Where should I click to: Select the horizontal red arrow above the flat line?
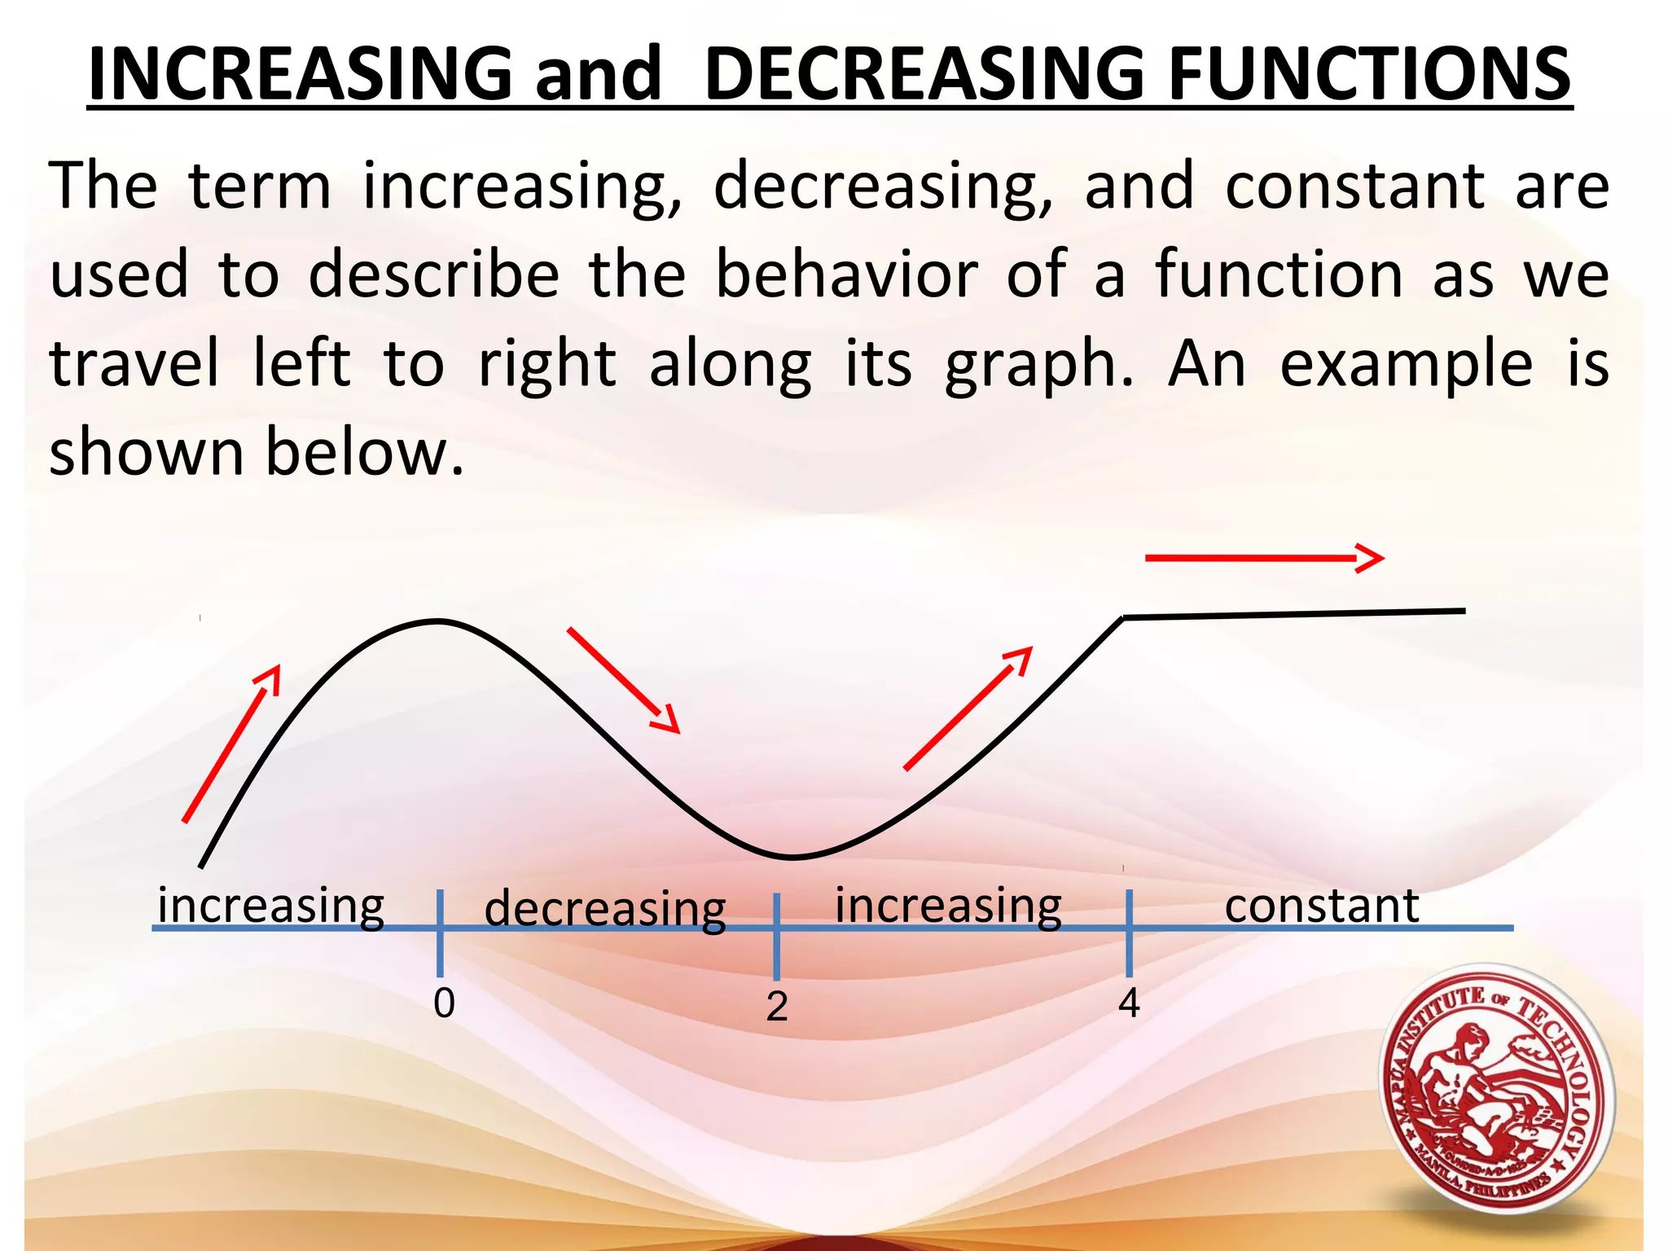[x=1264, y=558]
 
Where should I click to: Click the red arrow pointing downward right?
[x=623, y=680]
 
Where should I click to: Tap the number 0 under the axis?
[x=444, y=1003]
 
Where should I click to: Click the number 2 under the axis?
[x=777, y=1007]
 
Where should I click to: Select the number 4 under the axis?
[x=1129, y=1003]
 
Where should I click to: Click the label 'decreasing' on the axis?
[x=604, y=909]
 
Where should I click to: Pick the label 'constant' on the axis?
[x=1321, y=905]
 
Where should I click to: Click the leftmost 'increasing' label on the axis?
[x=270, y=905]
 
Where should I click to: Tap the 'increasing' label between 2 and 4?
[x=948, y=905]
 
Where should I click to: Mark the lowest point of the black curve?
[x=792, y=858]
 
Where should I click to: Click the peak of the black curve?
[x=437, y=621]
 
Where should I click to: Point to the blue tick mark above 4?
[x=1129, y=933]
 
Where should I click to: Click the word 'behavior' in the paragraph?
[x=847, y=274]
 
